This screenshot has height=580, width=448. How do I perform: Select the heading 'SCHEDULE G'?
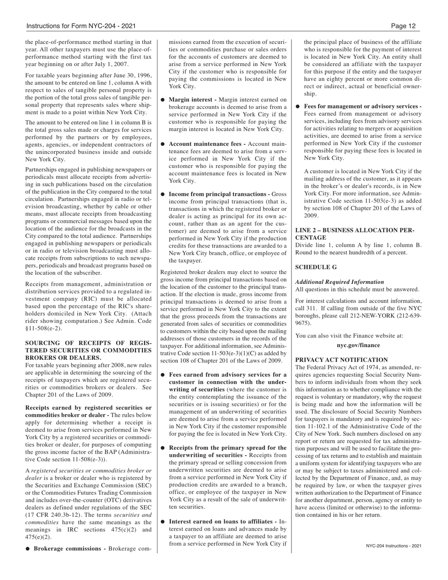pyautogui.click(x=316, y=267)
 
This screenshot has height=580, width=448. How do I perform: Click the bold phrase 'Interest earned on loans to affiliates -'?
pyautogui.click(x=222, y=522)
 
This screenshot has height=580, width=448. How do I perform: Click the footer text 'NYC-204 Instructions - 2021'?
pyautogui.click(x=393, y=546)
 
